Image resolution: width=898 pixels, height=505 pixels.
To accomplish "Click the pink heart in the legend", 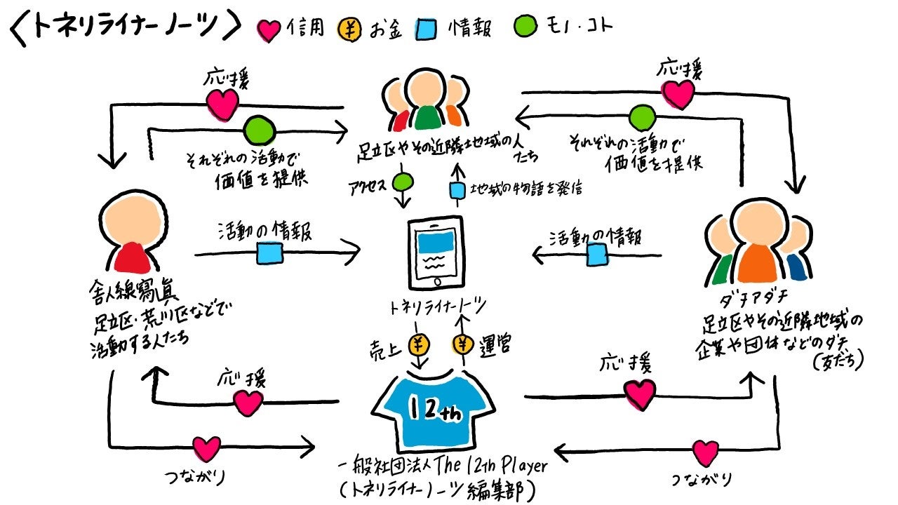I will [x=270, y=29].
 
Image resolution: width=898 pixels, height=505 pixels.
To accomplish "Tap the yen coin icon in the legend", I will [x=350, y=29].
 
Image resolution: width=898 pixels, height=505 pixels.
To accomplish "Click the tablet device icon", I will [x=436, y=251].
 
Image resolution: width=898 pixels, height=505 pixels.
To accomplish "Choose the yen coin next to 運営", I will [x=463, y=345].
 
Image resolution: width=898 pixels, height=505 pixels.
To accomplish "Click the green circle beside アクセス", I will [x=403, y=184].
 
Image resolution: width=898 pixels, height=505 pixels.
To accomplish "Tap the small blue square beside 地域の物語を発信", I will [x=457, y=189].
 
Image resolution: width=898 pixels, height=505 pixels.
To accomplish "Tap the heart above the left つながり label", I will [x=206, y=448].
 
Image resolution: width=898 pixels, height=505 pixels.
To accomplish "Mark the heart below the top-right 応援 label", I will [x=678, y=95].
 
